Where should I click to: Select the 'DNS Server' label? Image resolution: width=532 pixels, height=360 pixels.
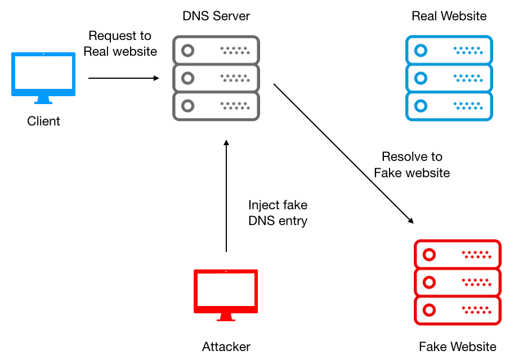click(x=216, y=16)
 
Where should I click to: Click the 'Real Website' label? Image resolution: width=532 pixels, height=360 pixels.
click(x=449, y=16)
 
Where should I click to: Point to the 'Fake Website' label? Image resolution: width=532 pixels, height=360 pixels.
click(x=457, y=346)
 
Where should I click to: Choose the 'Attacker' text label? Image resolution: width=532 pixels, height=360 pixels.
click(x=226, y=346)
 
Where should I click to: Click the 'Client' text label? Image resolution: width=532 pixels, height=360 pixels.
click(x=43, y=121)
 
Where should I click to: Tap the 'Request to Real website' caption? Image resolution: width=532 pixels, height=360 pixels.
click(x=120, y=43)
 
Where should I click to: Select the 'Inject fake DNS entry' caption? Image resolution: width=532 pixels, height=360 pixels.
click(x=278, y=213)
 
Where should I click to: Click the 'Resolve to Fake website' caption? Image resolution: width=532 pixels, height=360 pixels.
click(x=412, y=165)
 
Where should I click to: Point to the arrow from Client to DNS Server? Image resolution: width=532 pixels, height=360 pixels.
click(x=123, y=78)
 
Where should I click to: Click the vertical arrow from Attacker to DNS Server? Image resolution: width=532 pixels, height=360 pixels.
click(x=226, y=196)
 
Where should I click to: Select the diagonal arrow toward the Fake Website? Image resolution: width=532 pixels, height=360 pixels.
click(x=343, y=154)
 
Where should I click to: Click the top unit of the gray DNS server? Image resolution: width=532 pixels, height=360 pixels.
click(x=216, y=51)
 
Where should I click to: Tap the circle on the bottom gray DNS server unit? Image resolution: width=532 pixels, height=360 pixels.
click(x=187, y=106)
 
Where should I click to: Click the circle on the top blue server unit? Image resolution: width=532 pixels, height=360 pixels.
click(x=421, y=51)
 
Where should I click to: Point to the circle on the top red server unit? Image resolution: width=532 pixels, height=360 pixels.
click(x=429, y=255)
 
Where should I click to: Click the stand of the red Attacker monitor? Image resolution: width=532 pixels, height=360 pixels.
click(x=226, y=317)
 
